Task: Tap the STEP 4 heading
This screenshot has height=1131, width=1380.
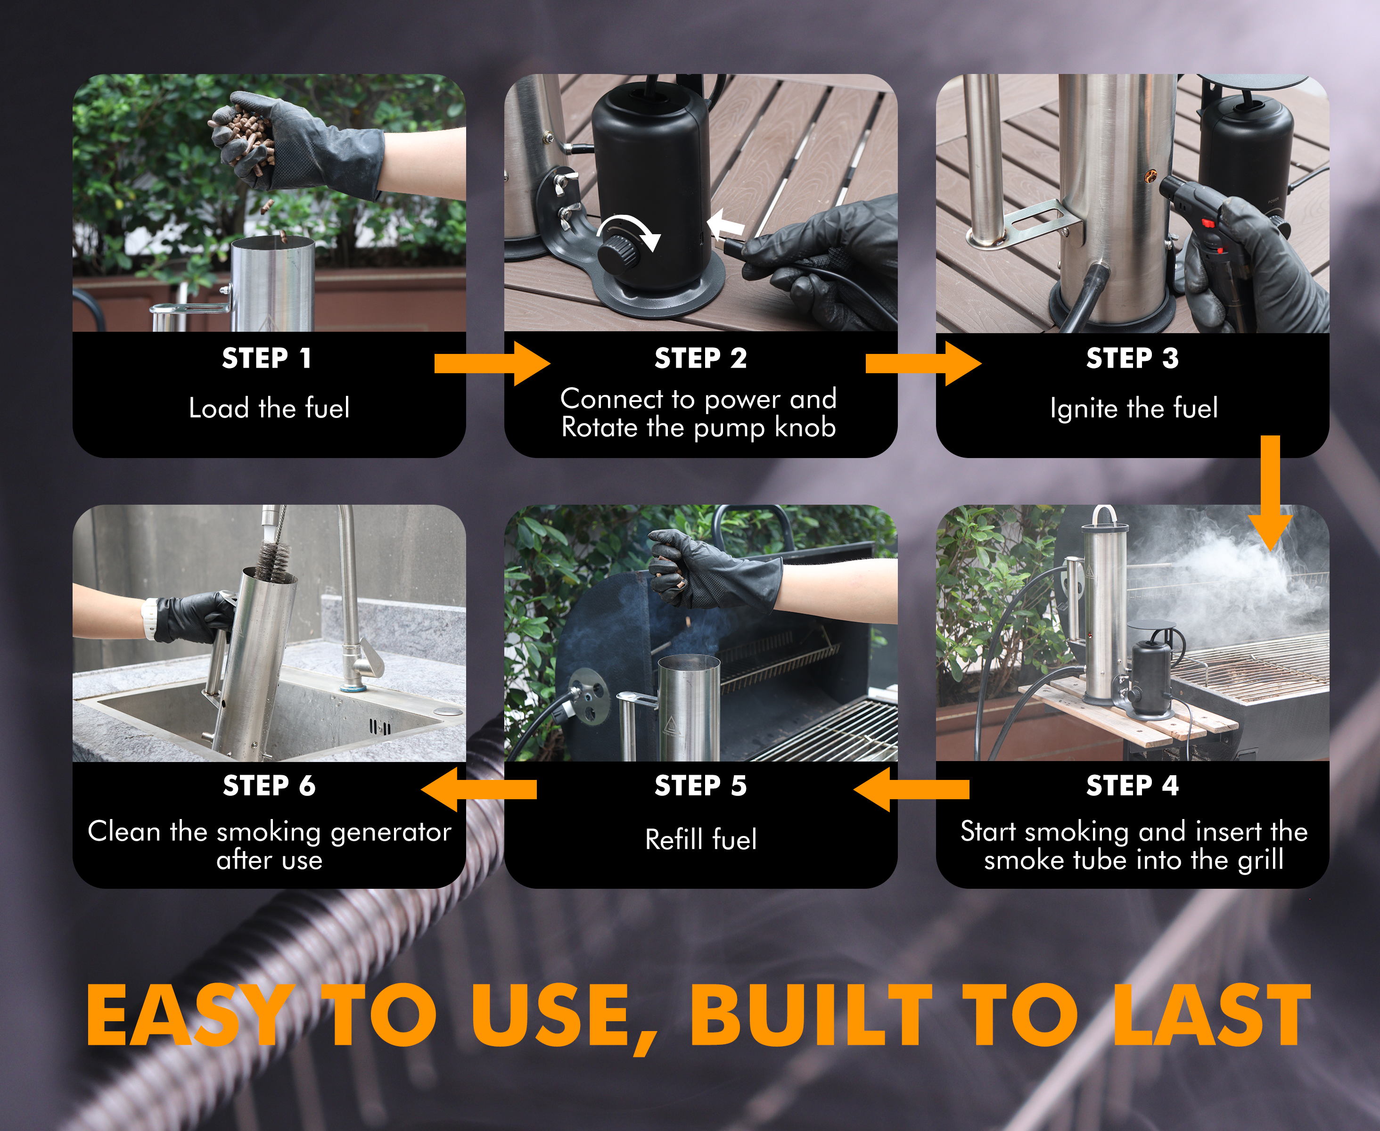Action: pos(1133,786)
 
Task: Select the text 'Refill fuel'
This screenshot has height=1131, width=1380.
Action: pos(701,839)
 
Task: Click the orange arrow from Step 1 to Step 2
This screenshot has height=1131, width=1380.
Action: pos(493,363)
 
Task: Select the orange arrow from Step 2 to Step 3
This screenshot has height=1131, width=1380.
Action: pos(924,363)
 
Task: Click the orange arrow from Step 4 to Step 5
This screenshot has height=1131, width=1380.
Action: pos(911,789)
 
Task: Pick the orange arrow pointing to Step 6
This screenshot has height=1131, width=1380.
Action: pos(479,789)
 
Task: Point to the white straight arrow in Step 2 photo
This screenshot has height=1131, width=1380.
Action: pos(726,227)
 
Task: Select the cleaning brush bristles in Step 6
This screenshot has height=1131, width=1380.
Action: pos(271,560)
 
